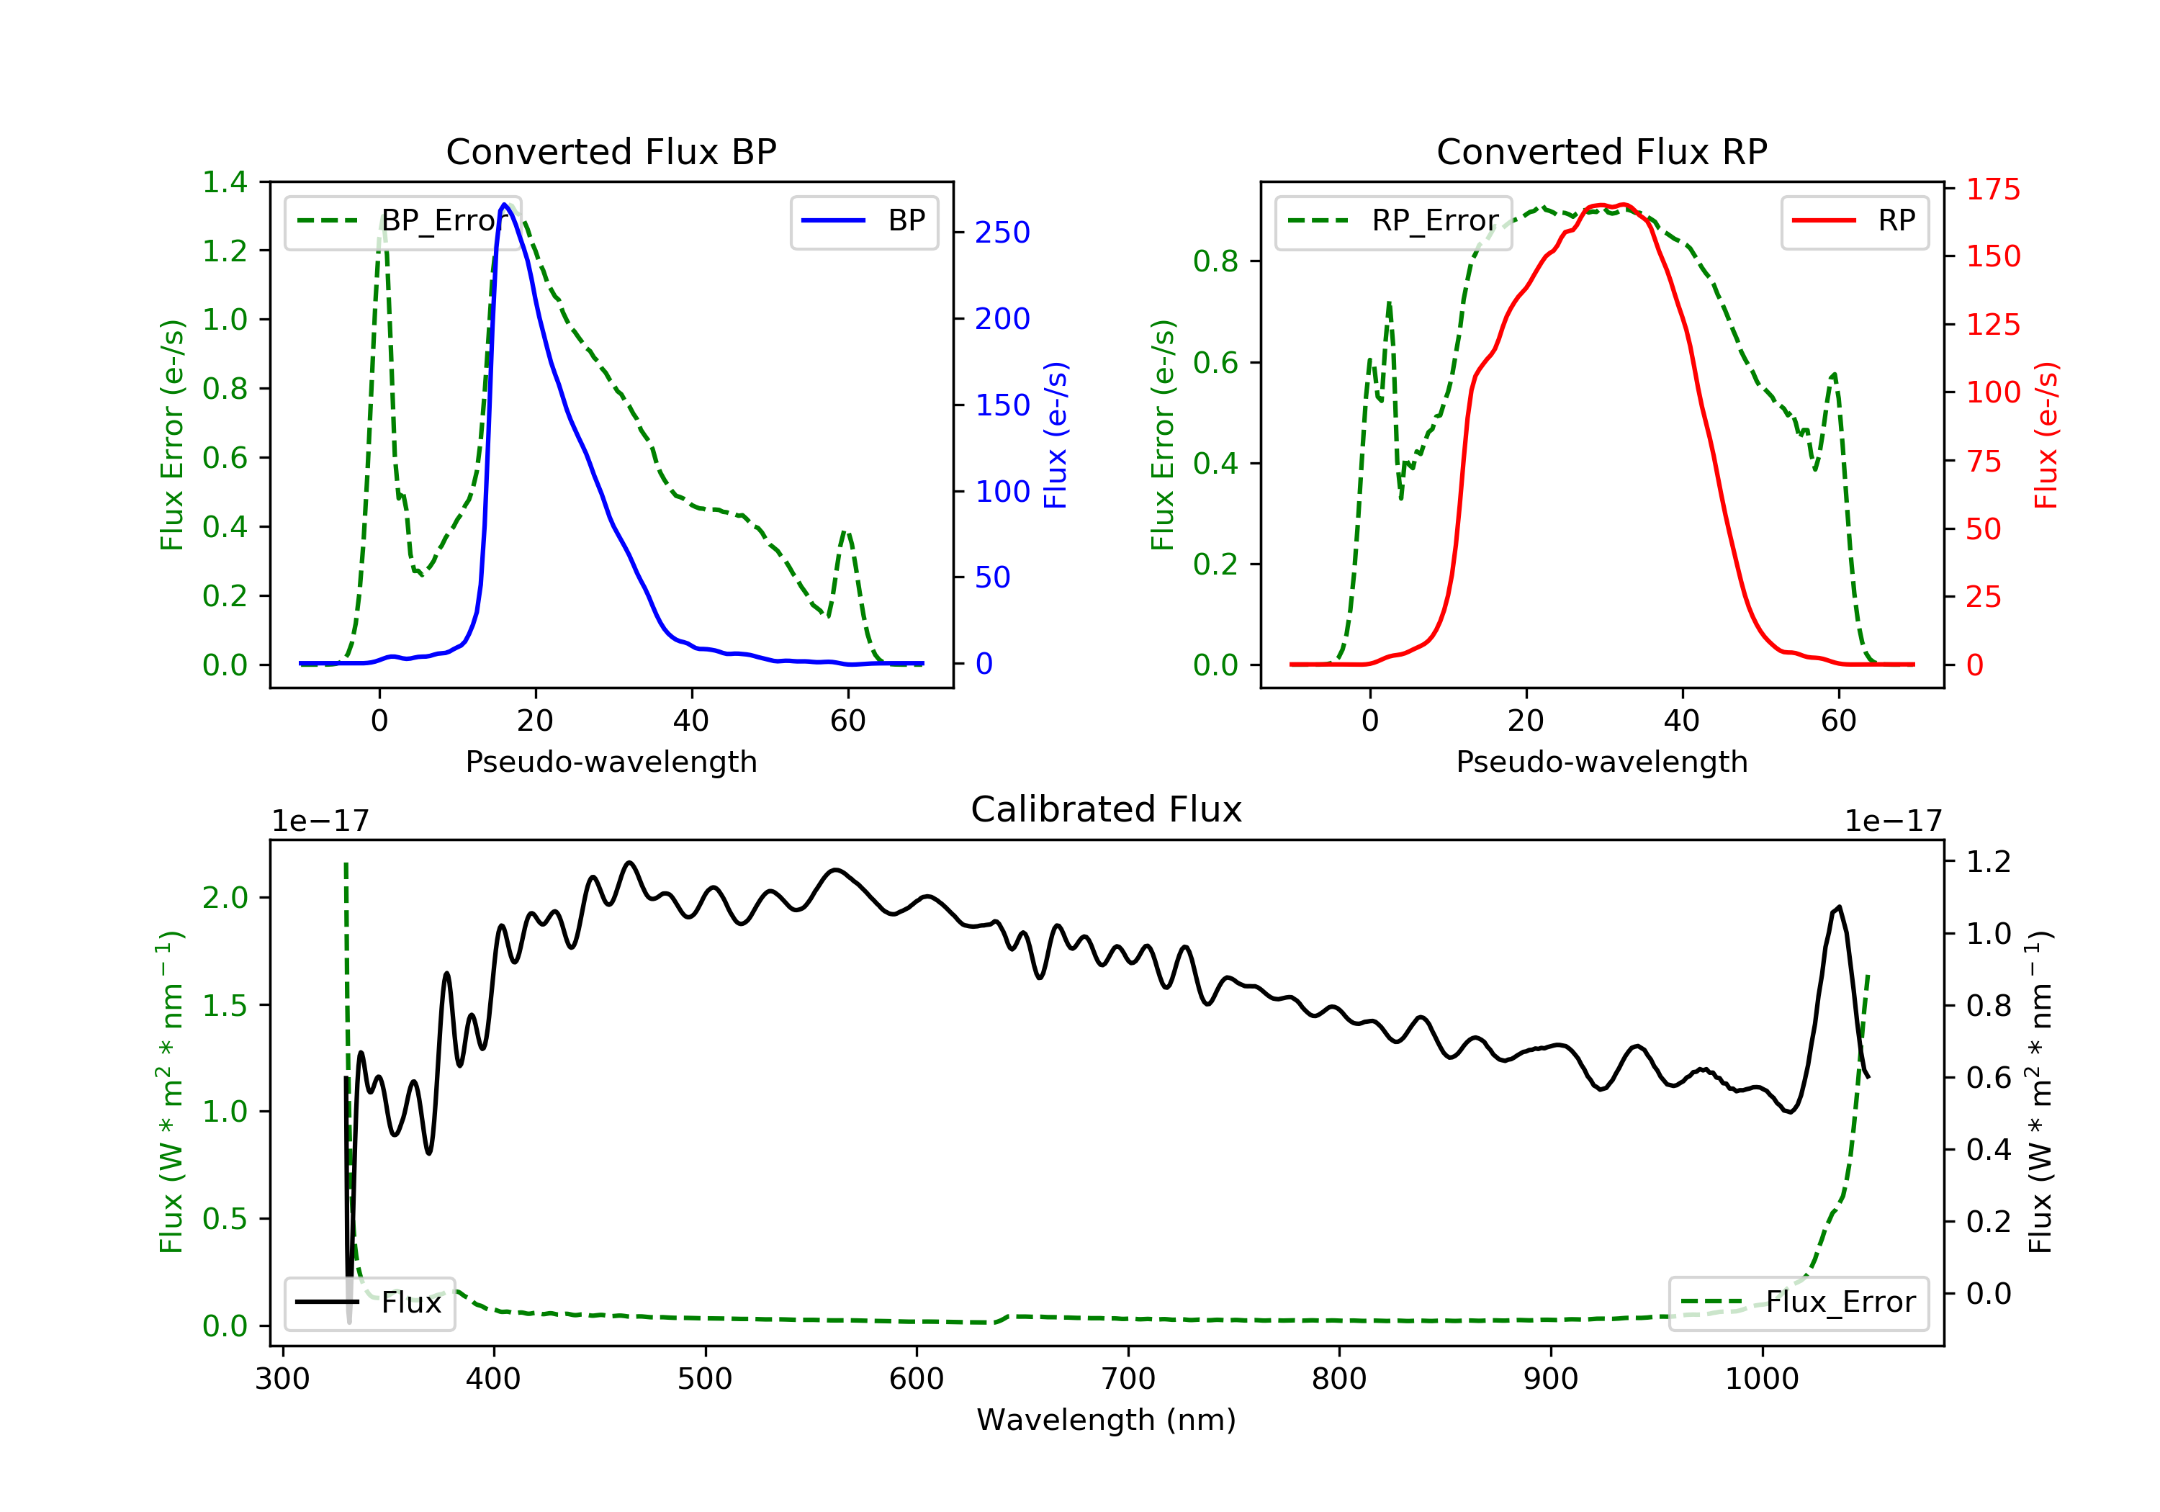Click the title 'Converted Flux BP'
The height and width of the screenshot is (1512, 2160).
tap(611, 151)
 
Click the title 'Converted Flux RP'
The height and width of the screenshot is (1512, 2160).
tap(1601, 151)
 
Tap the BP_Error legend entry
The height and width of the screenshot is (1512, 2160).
tap(402, 221)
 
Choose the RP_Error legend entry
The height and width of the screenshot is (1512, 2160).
tap(1393, 221)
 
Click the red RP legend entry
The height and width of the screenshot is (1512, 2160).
tap(1853, 221)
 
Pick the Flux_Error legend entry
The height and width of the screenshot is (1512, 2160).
tap(1798, 1302)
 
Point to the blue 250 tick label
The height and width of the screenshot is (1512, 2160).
tap(1002, 233)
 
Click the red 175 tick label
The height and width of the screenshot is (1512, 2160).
tap(1992, 189)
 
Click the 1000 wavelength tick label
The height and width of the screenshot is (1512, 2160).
tap(1761, 1380)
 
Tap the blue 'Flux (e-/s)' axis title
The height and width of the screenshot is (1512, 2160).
tap(1056, 435)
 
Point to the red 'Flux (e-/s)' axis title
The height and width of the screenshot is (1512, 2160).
tap(2046, 435)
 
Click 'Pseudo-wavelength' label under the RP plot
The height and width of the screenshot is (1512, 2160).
tap(1601, 761)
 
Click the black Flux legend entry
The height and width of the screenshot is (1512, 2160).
tap(370, 1302)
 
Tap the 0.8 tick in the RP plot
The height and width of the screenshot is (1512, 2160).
tap(1215, 261)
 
